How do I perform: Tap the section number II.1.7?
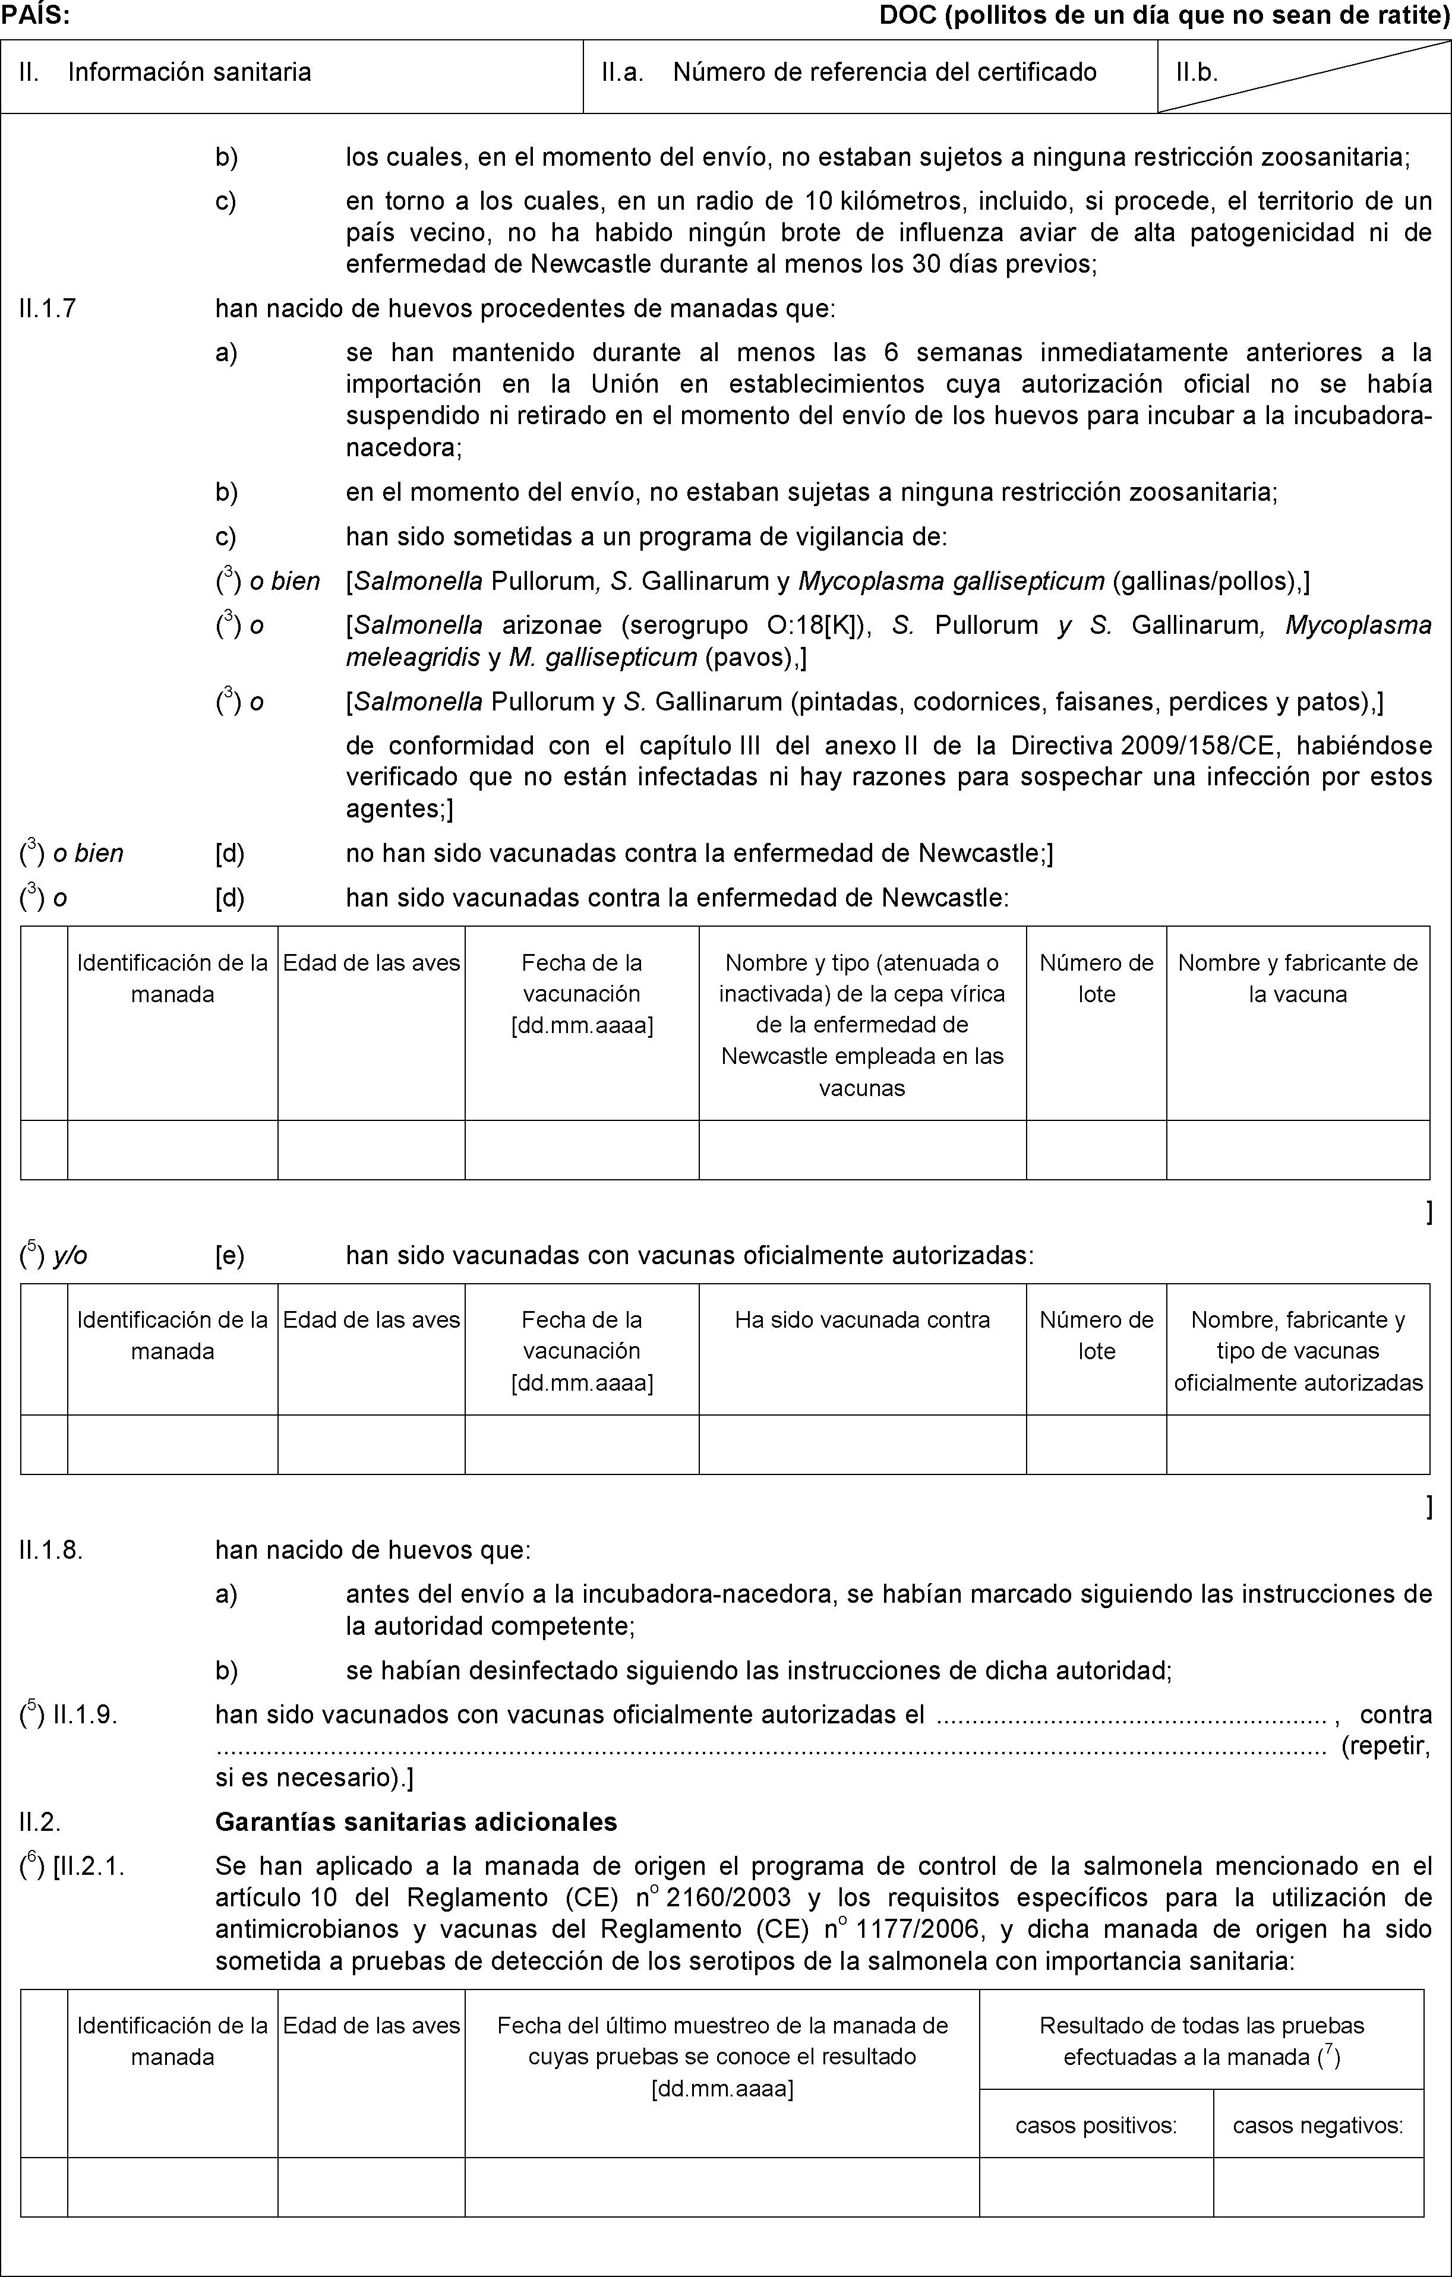click(x=48, y=308)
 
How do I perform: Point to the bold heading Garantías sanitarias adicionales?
click(x=416, y=1821)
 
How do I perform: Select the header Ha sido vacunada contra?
click(x=861, y=1319)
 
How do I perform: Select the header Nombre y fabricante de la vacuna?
click(x=1297, y=978)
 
